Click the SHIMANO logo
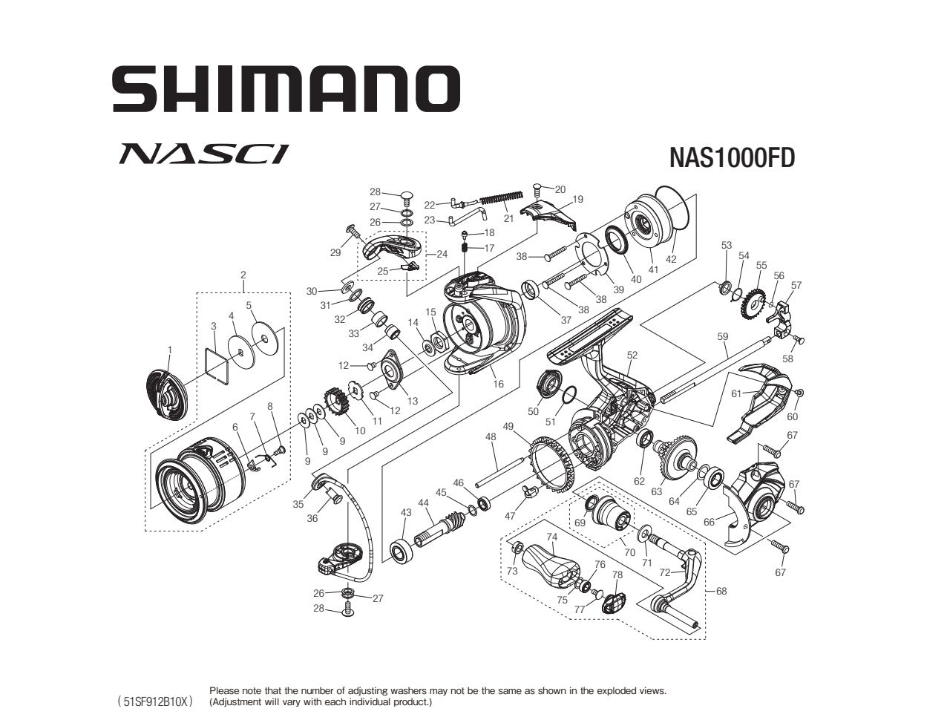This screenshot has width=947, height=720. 286,89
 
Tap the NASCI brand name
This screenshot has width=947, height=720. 203,154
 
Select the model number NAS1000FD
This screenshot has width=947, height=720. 732,158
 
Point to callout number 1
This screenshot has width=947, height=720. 169,350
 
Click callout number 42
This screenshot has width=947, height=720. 671,259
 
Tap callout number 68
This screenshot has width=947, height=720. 721,591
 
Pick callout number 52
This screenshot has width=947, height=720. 632,355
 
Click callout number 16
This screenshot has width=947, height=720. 498,384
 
